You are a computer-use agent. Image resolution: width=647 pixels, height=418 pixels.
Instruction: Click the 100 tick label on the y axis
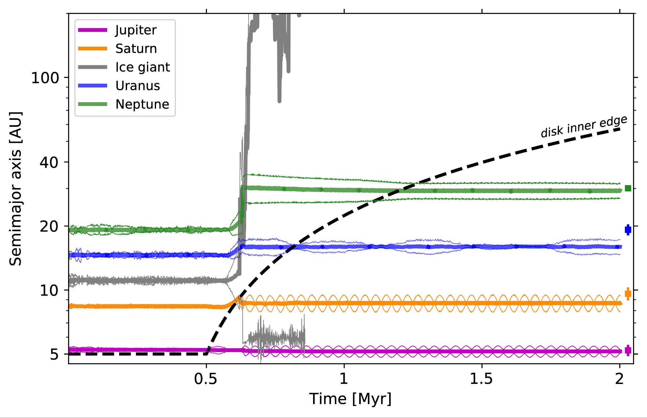click(x=45, y=78)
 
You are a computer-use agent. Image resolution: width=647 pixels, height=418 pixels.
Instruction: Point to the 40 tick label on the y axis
click(x=49, y=162)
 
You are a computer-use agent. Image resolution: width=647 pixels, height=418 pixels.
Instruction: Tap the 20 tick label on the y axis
click(x=49, y=227)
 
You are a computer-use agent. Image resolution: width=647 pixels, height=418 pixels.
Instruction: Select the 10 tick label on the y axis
click(x=49, y=291)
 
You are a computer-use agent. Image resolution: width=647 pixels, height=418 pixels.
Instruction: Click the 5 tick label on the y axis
click(x=54, y=355)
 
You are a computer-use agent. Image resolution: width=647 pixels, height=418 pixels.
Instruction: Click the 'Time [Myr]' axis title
click(x=350, y=399)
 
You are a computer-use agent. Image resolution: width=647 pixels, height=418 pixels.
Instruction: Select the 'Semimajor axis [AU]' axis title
click(x=16, y=189)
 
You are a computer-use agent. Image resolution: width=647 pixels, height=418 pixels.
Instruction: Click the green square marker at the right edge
click(x=628, y=188)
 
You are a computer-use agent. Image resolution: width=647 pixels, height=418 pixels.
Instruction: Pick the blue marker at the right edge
click(x=628, y=230)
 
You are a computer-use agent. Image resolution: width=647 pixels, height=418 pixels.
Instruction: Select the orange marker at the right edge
click(x=628, y=294)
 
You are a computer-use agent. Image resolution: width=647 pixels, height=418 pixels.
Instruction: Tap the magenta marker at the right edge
click(x=628, y=350)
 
